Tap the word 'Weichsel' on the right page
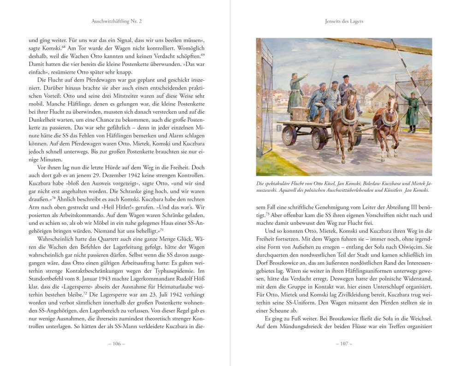tap(419, 318)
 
